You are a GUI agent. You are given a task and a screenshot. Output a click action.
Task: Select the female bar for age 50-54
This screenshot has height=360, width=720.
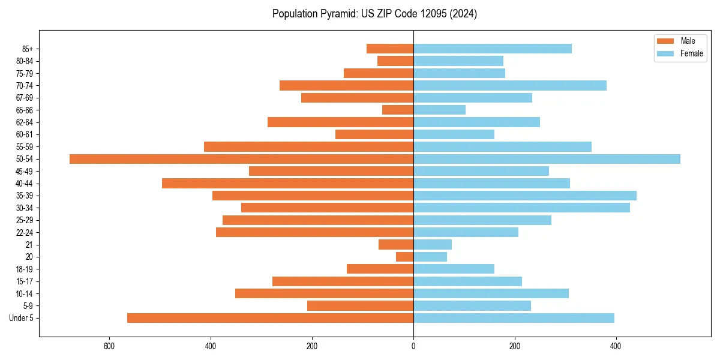click(547, 159)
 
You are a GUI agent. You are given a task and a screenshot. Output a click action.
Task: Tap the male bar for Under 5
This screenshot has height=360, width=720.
click(270, 318)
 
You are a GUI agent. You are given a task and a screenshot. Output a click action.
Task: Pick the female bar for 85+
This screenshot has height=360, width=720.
click(493, 49)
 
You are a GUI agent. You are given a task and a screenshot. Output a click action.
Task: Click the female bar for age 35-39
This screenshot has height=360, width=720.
click(525, 196)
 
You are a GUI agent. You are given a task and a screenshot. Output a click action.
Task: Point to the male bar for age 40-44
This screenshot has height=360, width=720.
click(287, 183)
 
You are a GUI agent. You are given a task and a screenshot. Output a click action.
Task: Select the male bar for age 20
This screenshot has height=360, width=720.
click(405, 257)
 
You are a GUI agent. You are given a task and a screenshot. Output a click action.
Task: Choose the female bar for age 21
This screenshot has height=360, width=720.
click(433, 244)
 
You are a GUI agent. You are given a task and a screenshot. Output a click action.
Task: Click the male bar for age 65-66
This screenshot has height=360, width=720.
click(398, 110)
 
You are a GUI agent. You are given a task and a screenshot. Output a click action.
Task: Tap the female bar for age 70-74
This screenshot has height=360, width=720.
click(510, 85)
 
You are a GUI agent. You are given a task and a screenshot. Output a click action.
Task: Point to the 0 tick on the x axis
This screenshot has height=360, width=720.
click(413, 346)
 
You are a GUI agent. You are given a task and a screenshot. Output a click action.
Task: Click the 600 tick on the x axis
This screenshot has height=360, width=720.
click(109, 346)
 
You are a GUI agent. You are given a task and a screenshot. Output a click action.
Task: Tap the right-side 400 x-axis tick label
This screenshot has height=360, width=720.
click(616, 346)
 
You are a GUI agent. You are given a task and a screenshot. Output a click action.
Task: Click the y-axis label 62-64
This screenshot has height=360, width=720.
click(25, 122)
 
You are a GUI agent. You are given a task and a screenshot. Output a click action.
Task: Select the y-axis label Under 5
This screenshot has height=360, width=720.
click(22, 318)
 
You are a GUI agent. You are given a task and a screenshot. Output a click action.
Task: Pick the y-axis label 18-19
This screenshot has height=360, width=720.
click(25, 269)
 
